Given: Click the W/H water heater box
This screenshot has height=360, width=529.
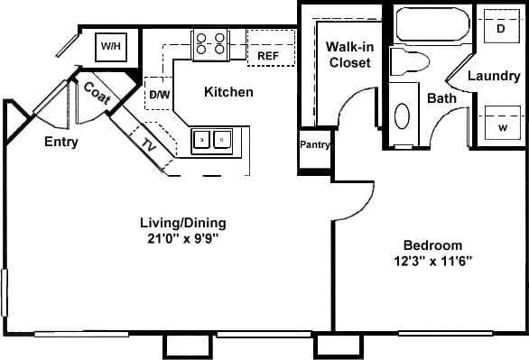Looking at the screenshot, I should pos(111,45).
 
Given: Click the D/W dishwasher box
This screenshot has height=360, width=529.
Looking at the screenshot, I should pos(157,93).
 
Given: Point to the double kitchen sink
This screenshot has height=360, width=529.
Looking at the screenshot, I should pos(212,139).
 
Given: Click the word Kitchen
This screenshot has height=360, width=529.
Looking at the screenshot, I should pos(228,92).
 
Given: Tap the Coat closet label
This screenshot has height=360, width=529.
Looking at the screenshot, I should pos(97,92).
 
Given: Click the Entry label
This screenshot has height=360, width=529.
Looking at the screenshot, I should pos(60,142).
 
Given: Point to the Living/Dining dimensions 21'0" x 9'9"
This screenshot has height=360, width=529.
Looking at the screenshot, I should pos(182,239).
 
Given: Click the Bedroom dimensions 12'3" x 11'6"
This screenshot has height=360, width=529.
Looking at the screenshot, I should pos(432,261).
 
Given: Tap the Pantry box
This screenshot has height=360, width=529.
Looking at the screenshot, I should pos(315,144).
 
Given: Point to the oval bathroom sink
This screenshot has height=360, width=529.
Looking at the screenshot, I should pos(403,116).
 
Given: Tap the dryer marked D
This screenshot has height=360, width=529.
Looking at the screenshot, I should pos(500,26).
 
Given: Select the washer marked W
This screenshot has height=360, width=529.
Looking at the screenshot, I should pos(501,125).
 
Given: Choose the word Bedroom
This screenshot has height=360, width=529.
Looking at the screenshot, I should pos(432,245).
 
